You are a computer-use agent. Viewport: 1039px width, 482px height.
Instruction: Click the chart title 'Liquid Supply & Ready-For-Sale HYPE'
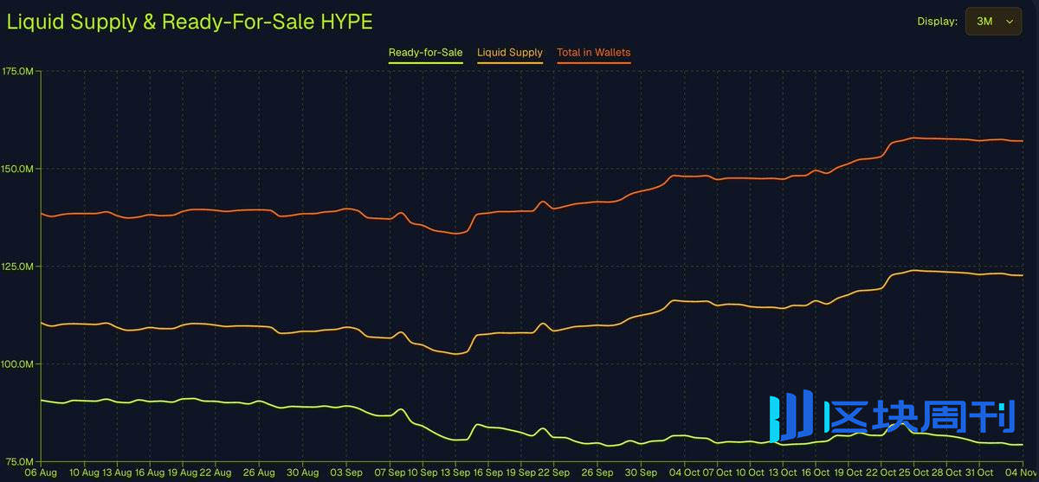[x=190, y=22]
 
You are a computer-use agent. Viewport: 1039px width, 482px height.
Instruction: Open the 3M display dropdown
[x=993, y=22]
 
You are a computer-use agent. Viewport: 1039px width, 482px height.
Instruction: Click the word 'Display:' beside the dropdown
[x=938, y=22]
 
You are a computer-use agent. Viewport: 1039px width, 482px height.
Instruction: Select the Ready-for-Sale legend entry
[x=425, y=53]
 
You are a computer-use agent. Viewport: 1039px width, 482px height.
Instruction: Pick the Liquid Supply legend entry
[x=510, y=53]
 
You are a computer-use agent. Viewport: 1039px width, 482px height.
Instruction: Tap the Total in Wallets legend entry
[x=593, y=53]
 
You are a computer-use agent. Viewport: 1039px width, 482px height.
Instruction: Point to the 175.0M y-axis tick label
[x=18, y=70]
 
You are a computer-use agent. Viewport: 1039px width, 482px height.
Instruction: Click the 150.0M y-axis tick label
[x=18, y=168]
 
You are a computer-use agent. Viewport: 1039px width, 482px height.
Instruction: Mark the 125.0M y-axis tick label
[x=18, y=266]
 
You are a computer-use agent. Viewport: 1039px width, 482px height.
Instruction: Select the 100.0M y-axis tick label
[x=18, y=363]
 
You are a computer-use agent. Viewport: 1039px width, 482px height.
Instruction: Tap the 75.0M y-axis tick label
[x=18, y=461]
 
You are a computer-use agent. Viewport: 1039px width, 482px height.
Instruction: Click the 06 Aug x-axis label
[x=42, y=473]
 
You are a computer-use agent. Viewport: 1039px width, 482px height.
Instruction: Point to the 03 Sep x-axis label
[x=346, y=473]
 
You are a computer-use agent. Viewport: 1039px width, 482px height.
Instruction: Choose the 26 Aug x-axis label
[x=259, y=473]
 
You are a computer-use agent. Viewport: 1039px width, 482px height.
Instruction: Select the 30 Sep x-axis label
[x=641, y=473]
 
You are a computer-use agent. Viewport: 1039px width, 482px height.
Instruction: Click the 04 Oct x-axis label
[x=684, y=473]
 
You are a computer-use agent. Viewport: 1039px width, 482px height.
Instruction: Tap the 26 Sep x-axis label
[x=597, y=473]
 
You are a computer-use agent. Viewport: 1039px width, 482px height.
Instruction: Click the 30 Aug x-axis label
[x=303, y=473]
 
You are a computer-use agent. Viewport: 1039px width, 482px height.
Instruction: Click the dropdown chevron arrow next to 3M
[x=1009, y=22]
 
